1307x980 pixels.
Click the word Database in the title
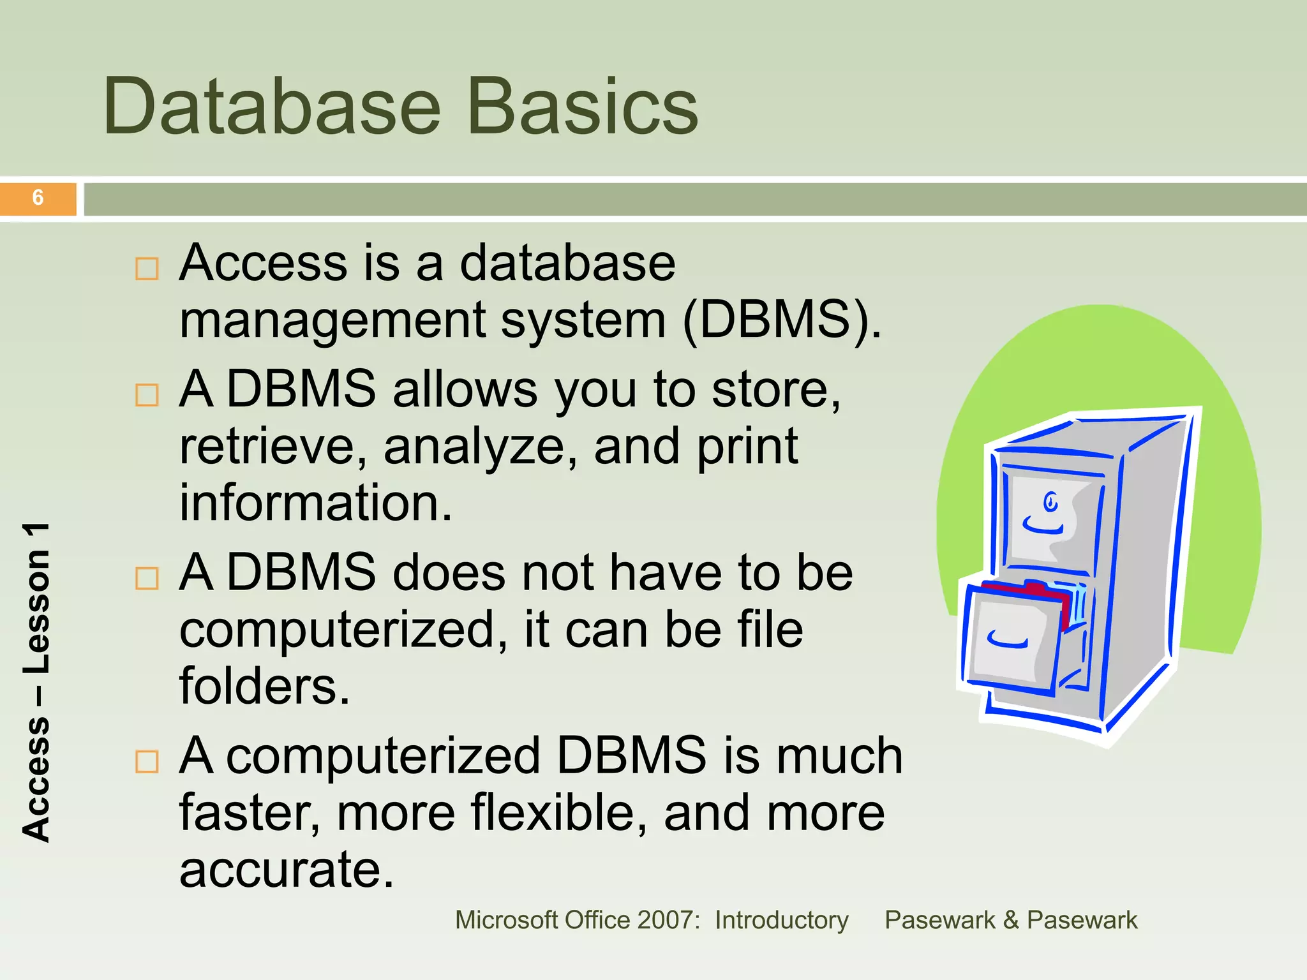(271, 106)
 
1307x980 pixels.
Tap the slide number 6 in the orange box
(38, 198)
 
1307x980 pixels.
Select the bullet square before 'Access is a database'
(147, 269)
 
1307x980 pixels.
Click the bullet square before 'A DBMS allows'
(147, 395)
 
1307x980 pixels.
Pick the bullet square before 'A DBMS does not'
(147, 578)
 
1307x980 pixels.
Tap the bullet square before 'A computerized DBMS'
(147, 761)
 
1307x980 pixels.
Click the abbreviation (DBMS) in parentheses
(781, 320)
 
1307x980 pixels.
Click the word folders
(264, 687)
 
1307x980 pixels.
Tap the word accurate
(287, 870)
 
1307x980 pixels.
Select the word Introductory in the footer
(781, 920)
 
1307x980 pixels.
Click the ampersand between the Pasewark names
(1010, 920)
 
